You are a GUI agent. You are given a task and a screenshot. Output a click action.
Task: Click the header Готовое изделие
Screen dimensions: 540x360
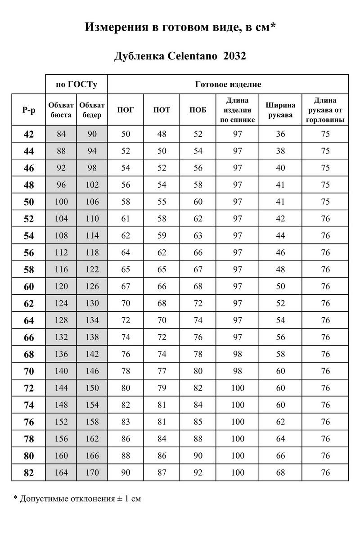(228, 84)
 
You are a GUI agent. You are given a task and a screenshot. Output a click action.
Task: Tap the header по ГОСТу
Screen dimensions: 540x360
(76, 84)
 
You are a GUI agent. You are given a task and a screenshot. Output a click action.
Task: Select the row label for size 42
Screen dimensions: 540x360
(28, 134)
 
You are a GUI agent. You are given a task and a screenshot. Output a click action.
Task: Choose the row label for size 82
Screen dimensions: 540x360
(28, 472)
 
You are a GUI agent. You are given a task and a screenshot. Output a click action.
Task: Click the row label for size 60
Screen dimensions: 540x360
(28, 287)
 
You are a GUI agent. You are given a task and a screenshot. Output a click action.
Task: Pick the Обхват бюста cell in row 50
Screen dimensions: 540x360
(61, 202)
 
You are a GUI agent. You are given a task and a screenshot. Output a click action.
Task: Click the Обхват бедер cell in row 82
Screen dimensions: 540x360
(92, 472)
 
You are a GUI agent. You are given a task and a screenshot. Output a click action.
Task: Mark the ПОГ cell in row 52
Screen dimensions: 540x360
(125, 219)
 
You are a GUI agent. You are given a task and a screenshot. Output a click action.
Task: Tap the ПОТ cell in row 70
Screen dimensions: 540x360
(162, 371)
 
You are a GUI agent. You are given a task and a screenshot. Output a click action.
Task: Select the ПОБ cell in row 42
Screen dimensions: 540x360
(198, 134)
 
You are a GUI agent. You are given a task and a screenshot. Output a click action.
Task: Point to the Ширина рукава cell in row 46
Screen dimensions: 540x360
(280, 168)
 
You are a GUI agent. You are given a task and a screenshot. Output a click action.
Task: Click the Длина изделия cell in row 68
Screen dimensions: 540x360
(237, 354)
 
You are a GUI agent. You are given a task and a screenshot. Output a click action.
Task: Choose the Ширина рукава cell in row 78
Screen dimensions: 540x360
(280, 439)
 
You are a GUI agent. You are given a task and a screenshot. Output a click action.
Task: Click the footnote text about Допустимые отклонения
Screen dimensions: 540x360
(77, 499)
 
